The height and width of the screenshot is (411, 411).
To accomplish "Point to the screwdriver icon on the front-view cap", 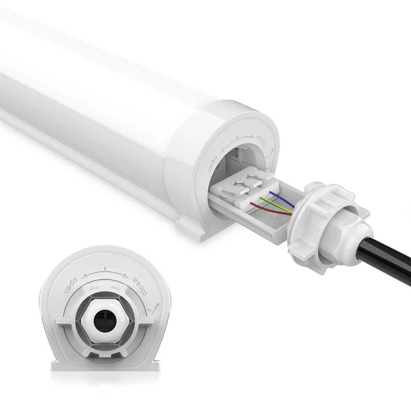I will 155,307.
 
